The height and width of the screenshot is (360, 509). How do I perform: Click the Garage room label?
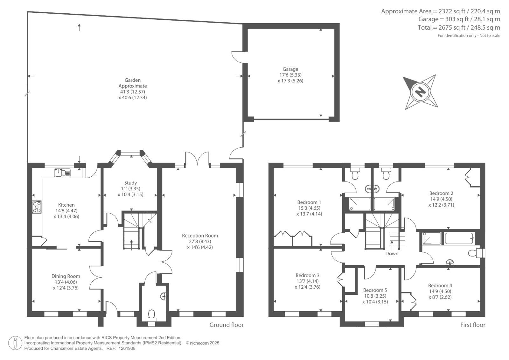click(290, 69)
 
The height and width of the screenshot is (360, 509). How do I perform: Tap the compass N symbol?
click(420, 92)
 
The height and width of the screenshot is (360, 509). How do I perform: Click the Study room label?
click(130, 183)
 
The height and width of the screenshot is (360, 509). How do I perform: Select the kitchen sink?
click(62, 173)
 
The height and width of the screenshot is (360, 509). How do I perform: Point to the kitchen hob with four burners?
click(37, 207)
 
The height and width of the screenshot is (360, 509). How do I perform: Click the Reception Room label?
click(200, 236)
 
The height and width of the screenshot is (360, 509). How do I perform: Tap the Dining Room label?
click(66, 276)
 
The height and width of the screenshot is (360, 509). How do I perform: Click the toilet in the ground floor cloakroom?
click(151, 315)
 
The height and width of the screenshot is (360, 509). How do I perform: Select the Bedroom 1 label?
click(309, 202)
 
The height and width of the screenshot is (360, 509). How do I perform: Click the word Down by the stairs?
click(392, 254)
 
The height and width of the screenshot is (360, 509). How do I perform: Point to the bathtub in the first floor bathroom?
click(459, 238)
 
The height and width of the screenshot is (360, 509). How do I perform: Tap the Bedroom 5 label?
click(375, 290)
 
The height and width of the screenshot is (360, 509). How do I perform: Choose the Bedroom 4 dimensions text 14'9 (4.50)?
click(440, 291)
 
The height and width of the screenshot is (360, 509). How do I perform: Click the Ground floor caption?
click(226, 325)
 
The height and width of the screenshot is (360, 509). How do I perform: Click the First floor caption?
click(473, 325)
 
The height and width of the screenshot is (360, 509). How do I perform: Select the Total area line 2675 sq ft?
click(459, 27)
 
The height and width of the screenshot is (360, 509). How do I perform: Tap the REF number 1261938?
click(127, 349)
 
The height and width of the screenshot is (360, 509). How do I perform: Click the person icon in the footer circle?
click(15, 343)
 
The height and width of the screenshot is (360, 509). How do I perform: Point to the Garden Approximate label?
click(132, 83)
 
